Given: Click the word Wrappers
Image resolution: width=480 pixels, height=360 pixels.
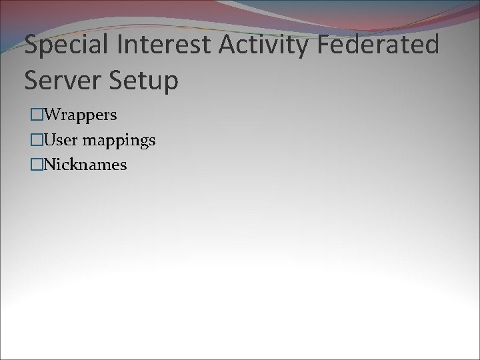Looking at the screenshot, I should pyautogui.click(x=79, y=115).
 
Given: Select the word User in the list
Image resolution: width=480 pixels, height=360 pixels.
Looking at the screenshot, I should pyautogui.click(x=58, y=141).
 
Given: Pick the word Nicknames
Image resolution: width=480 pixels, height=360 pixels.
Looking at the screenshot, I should pyautogui.click(x=85, y=165).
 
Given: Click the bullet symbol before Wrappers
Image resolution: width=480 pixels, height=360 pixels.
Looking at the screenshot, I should pyautogui.click(x=35, y=115).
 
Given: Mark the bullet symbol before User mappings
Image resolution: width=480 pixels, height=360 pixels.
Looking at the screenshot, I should pyautogui.click(x=35, y=141).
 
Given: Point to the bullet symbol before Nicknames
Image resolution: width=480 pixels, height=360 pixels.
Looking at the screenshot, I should pyautogui.click(x=35, y=165).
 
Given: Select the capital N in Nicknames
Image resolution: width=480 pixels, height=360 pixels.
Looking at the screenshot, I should pyautogui.click(x=49, y=165).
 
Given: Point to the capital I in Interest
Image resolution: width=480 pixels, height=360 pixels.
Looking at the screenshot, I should pyautogui.click(x=119, y=45).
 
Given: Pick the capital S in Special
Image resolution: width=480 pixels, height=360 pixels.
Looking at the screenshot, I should pyautogui.click(x=31, y=45).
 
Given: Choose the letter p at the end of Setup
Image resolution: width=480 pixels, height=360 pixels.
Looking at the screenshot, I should pyautogui.click(x=171, y=83).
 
